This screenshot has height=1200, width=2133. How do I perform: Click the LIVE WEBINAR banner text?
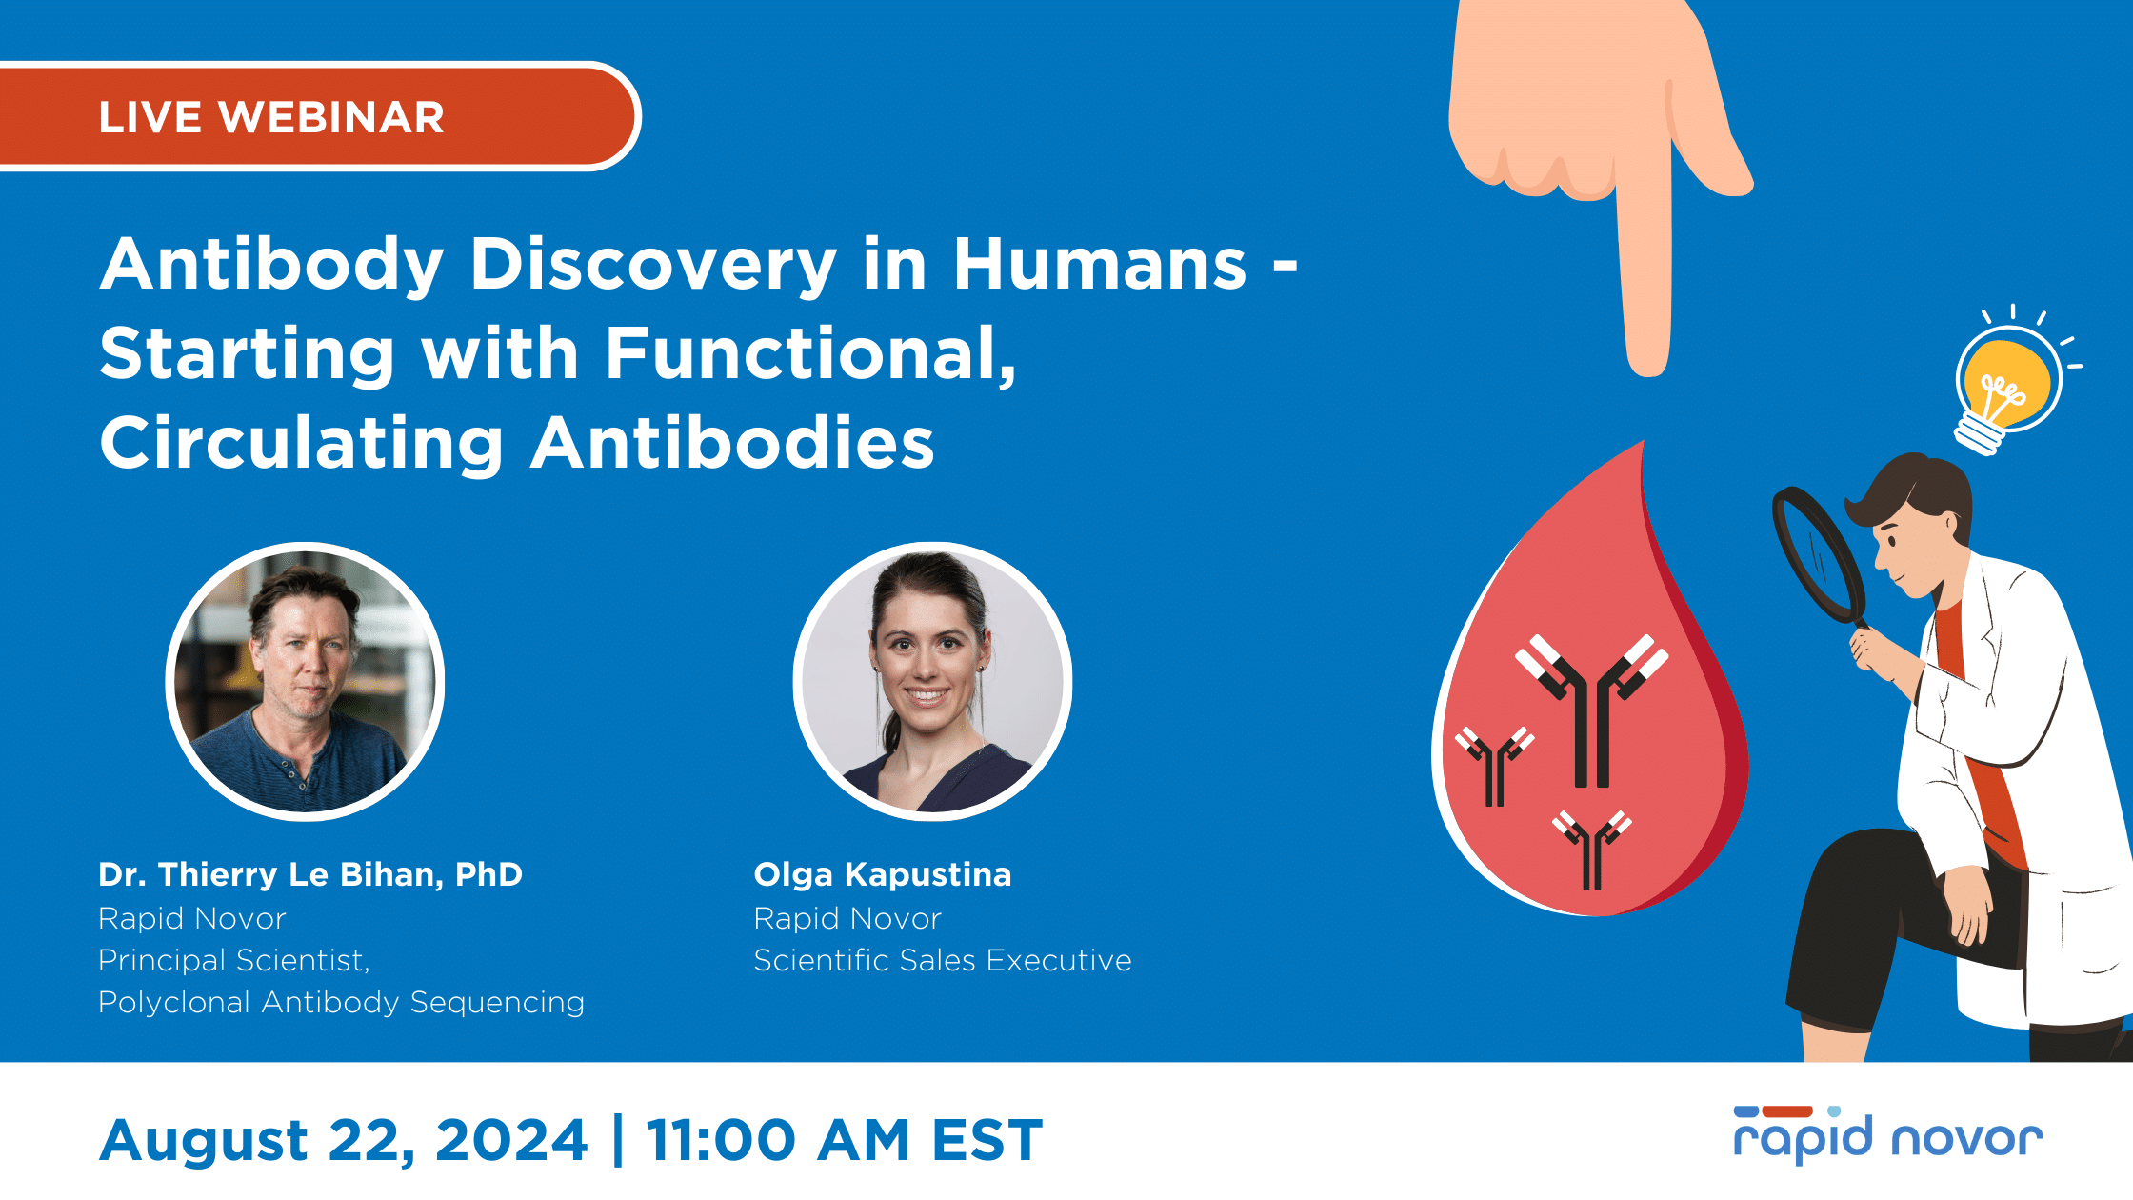coord(271,118)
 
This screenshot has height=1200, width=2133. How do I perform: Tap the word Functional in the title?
coord(810,353)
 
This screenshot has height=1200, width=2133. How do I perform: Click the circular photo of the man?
coord(305,681)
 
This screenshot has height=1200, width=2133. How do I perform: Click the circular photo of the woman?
coord(933,681)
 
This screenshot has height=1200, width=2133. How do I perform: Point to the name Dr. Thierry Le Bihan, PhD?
coord(310,875)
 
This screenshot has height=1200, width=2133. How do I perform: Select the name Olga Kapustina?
coord(883,875)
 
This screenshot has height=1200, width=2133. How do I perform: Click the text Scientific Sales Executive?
coord(943,960)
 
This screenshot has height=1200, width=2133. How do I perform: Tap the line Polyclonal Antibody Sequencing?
coord(341,1003)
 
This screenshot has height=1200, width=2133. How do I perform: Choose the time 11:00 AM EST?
coord(845,1140)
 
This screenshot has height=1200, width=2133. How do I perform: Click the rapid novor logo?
coord(1888,1134)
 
